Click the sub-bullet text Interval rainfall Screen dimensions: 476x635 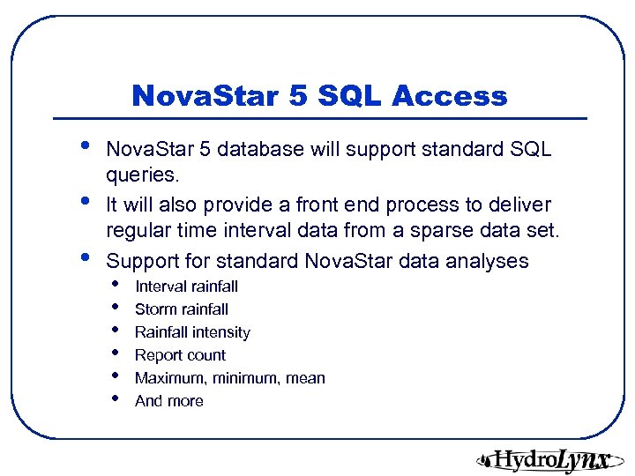(x=186, y=286)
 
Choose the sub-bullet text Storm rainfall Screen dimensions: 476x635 (x=181, y=309)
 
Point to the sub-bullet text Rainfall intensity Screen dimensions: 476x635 (x=192, y=332)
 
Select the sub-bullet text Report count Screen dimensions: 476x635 (x=180, y=355)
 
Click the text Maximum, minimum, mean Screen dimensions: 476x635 (x=229, y=378)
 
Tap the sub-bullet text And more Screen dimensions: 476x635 (x=168, y=401)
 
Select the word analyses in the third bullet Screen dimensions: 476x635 (x=489, y=261)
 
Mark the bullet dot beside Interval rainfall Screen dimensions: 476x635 (x=116, y=285)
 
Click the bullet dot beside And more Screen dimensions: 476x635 (x=116, y=399)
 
